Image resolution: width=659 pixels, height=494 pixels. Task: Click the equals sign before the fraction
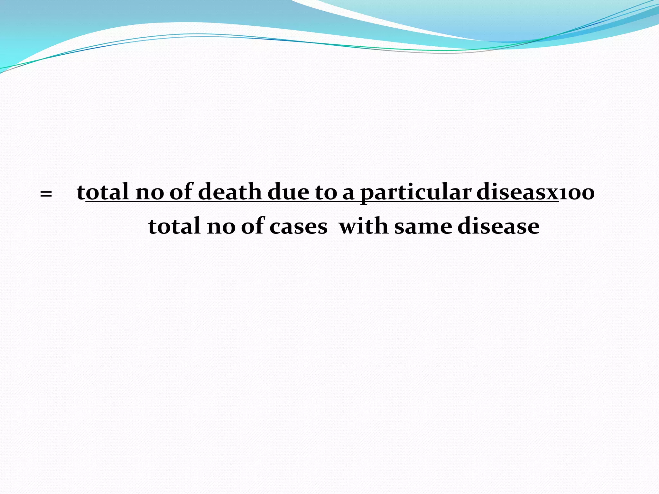coord(46,194)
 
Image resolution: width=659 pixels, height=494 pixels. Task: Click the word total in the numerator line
coord(103,192)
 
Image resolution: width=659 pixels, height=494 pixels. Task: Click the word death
coord(230,192)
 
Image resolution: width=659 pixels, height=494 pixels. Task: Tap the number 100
coord(577,193)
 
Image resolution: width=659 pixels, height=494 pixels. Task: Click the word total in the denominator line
coord(174,226)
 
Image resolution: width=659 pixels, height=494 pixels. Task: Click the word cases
coord(298,227)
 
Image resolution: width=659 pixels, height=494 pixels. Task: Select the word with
coord(364,226)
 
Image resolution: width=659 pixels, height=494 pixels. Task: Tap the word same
coord(423,227)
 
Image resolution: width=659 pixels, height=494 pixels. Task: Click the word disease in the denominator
coord(498,226)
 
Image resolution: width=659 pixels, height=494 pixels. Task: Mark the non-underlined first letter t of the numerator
coord(81,192)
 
